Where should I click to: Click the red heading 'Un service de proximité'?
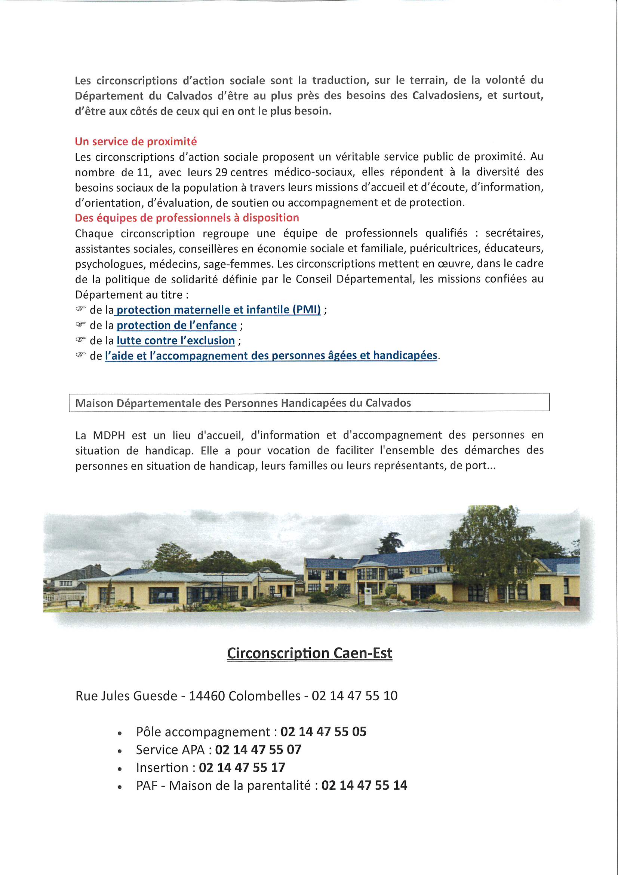coord(136,141)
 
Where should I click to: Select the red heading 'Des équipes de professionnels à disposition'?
coord(187,217)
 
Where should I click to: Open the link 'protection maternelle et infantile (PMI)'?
coord(218,310)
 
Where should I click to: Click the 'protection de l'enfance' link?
coord(176,325)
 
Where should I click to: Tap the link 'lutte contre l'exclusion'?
coord(176,340)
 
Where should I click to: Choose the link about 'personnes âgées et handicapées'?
coord(271,356)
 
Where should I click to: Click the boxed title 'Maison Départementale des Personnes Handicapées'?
coord(243,403)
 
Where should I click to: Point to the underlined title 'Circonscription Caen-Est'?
coord(309,653)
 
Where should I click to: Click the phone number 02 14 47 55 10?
coord(354,695)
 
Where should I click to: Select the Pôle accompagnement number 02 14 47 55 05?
coord(323,731)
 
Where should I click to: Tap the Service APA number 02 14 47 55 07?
coord(258,749)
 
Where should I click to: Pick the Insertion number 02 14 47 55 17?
coord(242,767)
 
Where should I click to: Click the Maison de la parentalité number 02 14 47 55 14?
coord(364,785)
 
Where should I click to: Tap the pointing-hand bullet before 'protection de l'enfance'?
coord(80,324)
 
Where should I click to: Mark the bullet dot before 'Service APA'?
coord(120,751)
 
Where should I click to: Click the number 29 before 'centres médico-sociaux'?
coord(221,172)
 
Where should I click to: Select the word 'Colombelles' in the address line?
coord(264,695)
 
